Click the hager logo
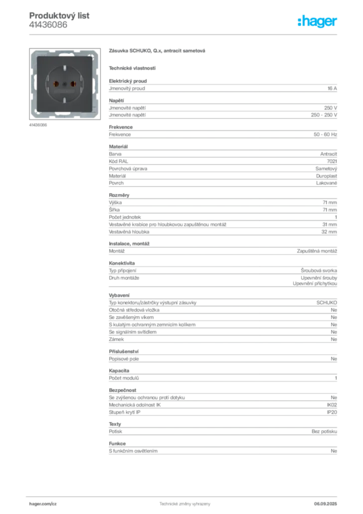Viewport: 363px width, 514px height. click(317, 22)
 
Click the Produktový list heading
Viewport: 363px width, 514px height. click(59, 16)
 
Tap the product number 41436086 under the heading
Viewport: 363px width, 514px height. click(48, 25)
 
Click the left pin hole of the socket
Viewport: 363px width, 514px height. click(56, 84)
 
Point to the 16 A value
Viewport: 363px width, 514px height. click(332, 88)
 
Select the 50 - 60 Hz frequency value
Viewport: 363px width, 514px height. click(325, 135)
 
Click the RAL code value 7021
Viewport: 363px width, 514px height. click(332, 161)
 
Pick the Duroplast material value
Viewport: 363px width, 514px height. click(326, 176)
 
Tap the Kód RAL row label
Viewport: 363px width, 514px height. click(118, 161)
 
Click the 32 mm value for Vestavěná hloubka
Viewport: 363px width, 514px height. click(329, 232)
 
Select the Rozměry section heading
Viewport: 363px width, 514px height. click(119, 195)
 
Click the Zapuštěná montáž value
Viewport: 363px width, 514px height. click(317, 251)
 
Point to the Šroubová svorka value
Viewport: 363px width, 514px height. click(319, 271)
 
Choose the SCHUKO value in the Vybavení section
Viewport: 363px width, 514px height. click(327, 303)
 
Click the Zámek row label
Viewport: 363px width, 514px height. click(116, 339)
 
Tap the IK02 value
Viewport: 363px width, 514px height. click(332, 405)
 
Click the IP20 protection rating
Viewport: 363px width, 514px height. click(332, 413)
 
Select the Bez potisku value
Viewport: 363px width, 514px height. click(324, 432)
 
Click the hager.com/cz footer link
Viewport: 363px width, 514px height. click(43, 504)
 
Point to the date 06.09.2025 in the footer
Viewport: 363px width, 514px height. click(325, 504)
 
